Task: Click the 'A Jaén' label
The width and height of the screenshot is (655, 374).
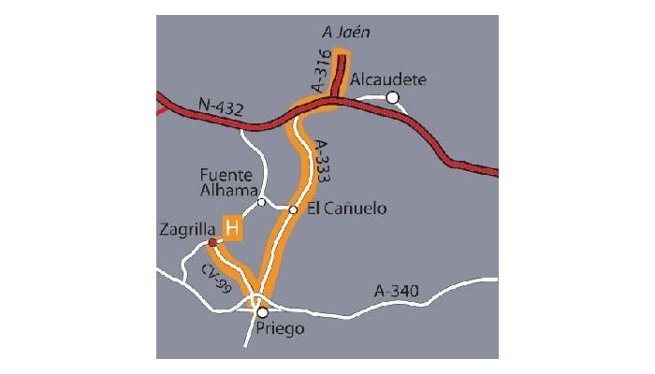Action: pyautogui.click(x=346, y=33)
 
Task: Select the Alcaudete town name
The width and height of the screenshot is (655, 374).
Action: pyautogui.click(x=388, y=79)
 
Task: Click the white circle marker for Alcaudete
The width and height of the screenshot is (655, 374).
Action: pyautogui.click(x=393, y=96)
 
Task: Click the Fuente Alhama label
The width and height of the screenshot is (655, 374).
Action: pyautogui.click(x=228, y=182)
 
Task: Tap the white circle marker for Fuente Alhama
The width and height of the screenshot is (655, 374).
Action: pyautogui.click(x=262, y=202)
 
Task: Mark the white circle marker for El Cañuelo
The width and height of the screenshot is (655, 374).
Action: pyautogui.click(x=293, y=209)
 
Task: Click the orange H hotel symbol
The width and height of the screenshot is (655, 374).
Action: pyautogui.click(x=232, y=228)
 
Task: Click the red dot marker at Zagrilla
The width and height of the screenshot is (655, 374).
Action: pyautogui.click(x=212, y=243)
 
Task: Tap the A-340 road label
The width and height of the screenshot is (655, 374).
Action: pyautogui.click(x=395, y=295)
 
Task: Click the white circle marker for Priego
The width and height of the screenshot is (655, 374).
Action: pyautogui.click(x=263, y=312)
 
